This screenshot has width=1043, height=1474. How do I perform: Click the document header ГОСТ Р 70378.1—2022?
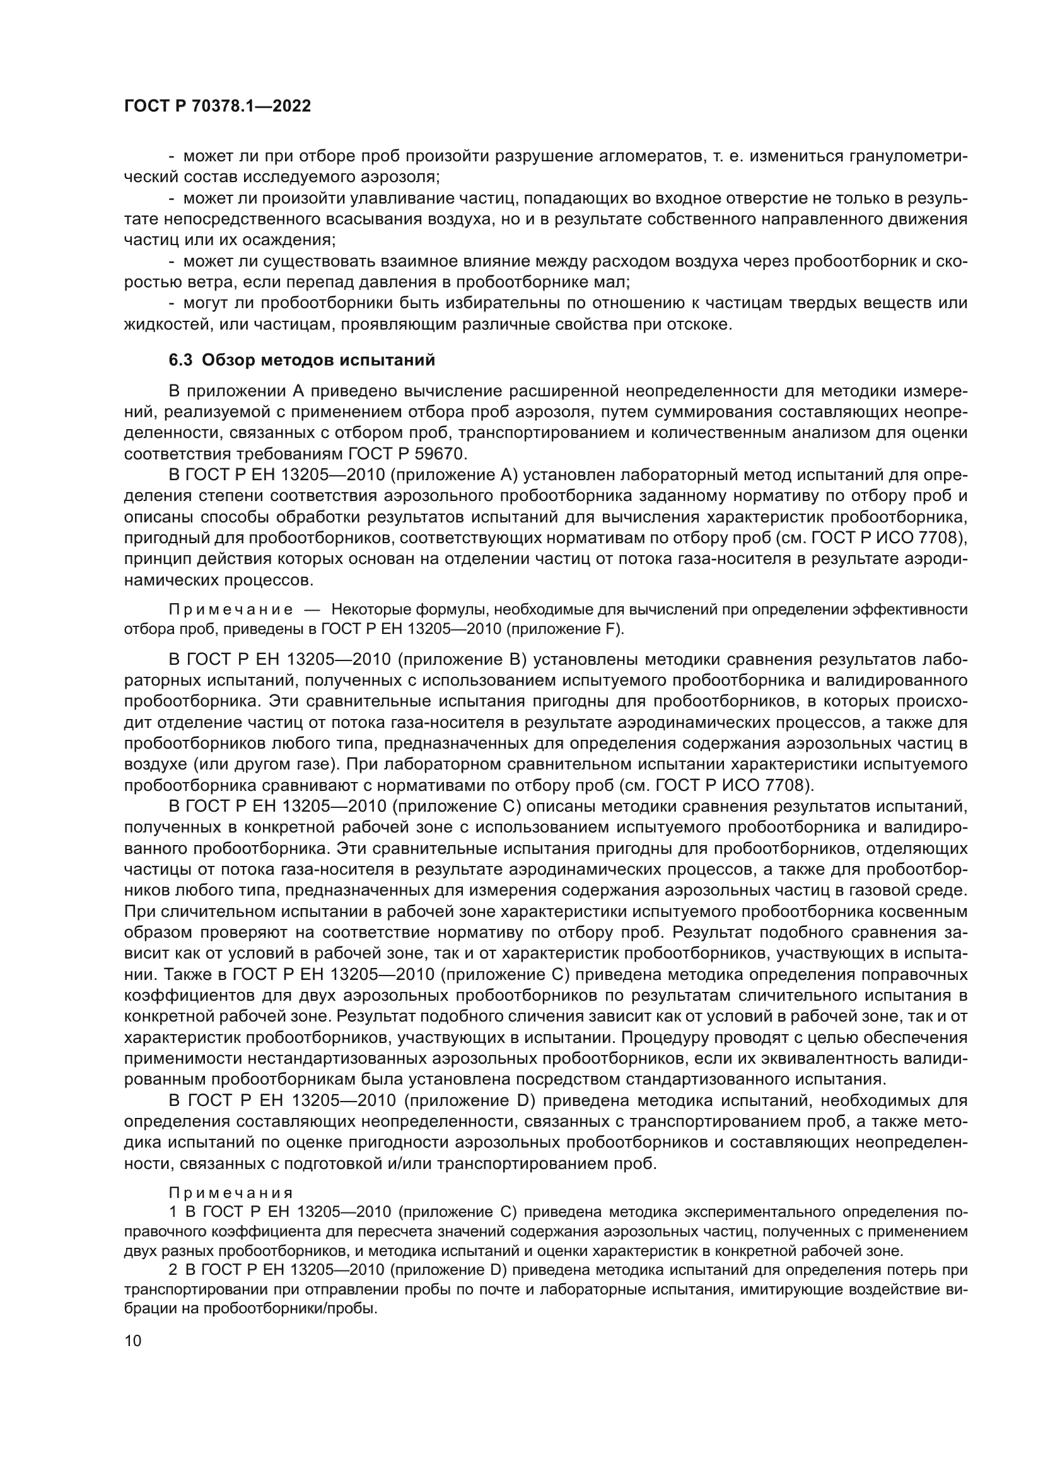[x=217, y=107]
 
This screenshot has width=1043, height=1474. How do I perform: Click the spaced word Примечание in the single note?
[x=231, y=609]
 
